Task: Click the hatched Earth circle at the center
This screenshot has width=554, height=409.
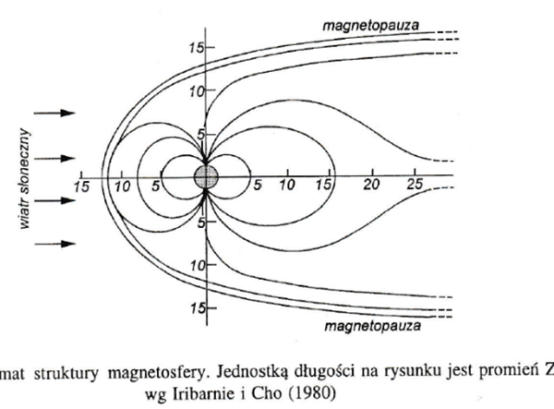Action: click(206, 176)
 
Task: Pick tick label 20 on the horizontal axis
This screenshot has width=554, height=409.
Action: click(373, 184)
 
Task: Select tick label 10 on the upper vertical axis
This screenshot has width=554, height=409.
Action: click(196, 92)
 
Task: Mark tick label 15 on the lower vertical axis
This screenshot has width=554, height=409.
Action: click(196, 308)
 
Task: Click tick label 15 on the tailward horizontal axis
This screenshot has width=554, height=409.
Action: click(321, 184)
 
